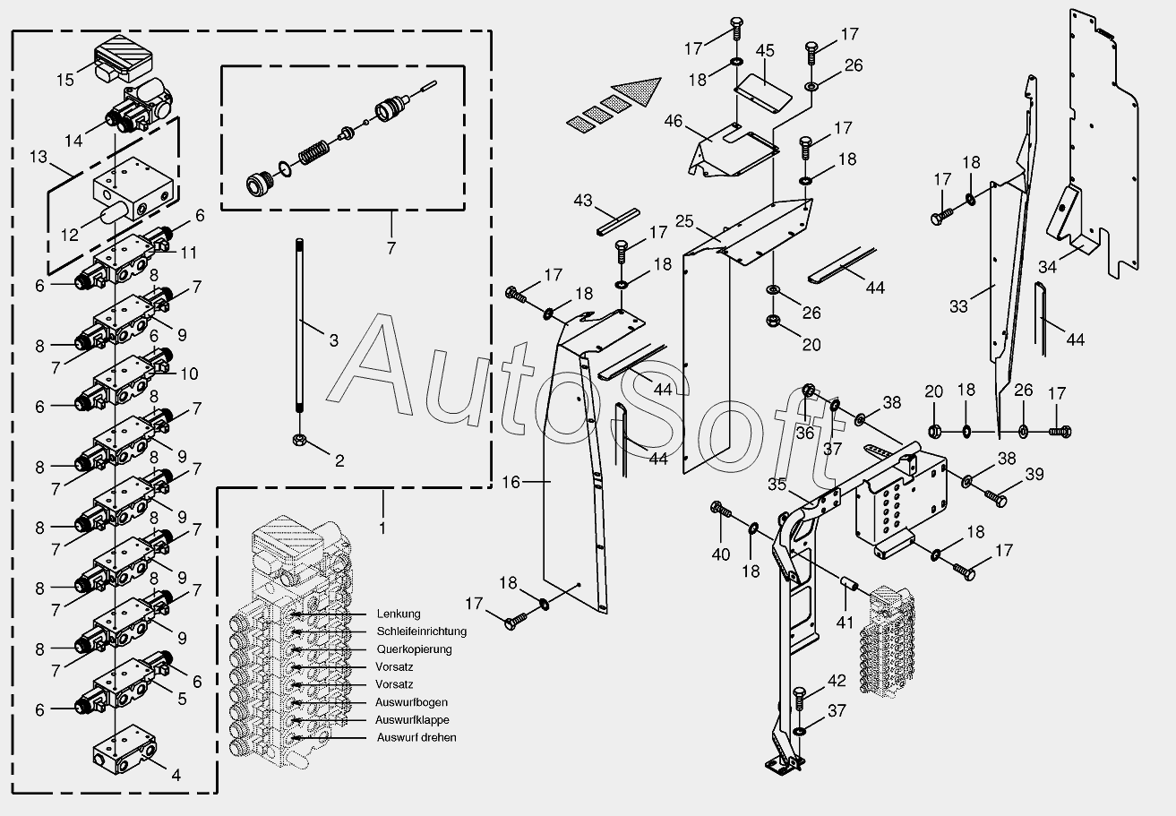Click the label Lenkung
click(x=398, y=614)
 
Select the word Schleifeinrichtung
click(x=421, y=631)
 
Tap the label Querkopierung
click(x=414, y=649)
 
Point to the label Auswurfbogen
click(x=411, y=702)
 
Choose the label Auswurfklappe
click(x=412, y=720)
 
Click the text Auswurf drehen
click(x=416, y=738)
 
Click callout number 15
click(x=65, y=80)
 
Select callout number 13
click(x=39, y=158)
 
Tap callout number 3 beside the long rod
click(x=333, y=340)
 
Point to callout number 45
click(x=764, y=50)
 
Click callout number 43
click(x=583, y=201)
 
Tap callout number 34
click(x=1048, y=266)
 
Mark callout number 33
click(x=959, y=306)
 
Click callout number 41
click(x=846, y=622)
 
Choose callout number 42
click(x=836, y=682)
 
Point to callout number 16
click(x=511, y=482)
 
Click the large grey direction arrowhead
click(x=641, y=91)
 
